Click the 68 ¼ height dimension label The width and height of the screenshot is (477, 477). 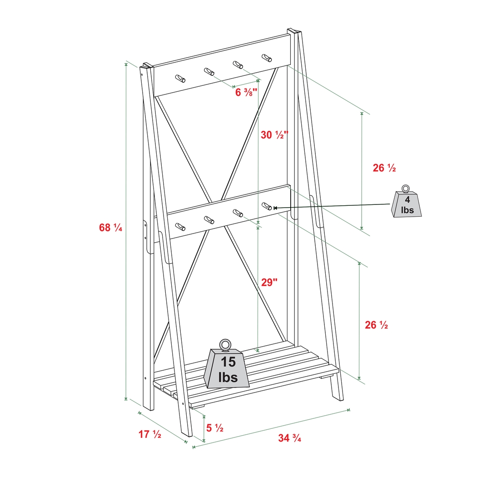coord(110,228)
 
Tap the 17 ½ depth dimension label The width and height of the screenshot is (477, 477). coord(149,434)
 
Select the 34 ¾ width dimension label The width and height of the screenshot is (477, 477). coord(289,438)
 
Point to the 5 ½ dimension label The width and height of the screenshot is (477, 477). coord(215,428)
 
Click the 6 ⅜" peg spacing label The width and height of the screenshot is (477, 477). coord(246,92)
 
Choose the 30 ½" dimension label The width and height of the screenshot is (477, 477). coord(274,135)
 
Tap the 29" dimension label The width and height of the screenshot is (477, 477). coord(269,282)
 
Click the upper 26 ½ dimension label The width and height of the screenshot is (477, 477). coord(384,168)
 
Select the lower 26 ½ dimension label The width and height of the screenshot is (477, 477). coord(376,325)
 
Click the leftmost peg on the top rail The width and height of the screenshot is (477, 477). coord(180,78)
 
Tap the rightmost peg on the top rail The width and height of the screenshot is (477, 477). coord(267,58)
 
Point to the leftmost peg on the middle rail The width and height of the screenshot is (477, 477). coord(180,227)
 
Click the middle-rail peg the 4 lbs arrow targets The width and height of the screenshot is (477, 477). coord(267,206)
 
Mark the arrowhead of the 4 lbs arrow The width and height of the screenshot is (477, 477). coord(275,208)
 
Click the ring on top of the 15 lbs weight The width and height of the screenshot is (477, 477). coord(225,345)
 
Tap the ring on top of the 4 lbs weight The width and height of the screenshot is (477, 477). coord(406,189)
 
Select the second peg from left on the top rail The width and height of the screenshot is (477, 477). coord(209,72)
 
